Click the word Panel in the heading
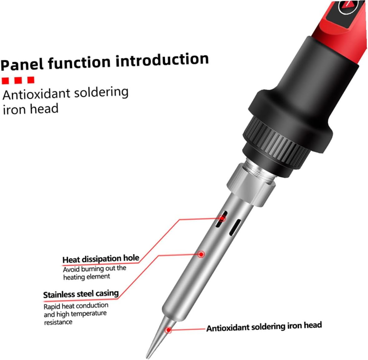pyautogui.click(x=22, y=64)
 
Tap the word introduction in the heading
pyautogui.click(x=162, y=60)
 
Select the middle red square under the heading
pyautogui.click(x=18, y=80)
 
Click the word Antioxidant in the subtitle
pyautogui.click(x=36, y=94)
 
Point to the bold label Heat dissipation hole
pyautogui.click(x=100, y=259)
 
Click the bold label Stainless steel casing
pyautogui.click(x=81, y=294)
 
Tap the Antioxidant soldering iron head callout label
pyautogui.click(x=264, y=327)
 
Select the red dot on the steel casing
pyautogui.click(x=201, y=254)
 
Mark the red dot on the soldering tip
pyautogui.click(x=168, y=330)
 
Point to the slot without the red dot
pyautogui.click(x=235, y=227)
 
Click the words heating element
pyautogui.click(x=86, y=277)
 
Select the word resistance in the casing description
pyautogui.click(x=58, y=322)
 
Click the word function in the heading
pyautogui.click(x=79, y=62)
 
